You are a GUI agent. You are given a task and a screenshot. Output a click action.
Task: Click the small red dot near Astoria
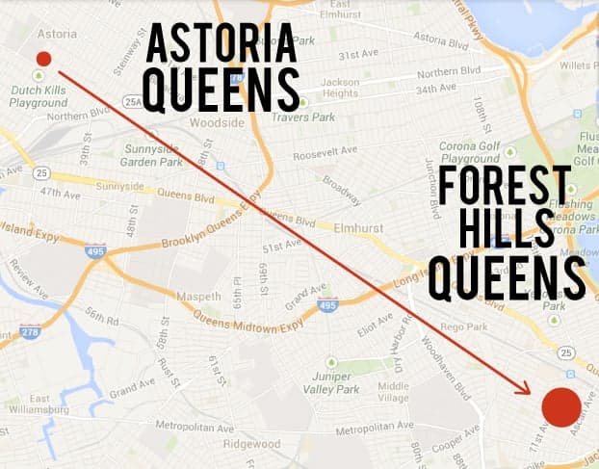coord(43,59)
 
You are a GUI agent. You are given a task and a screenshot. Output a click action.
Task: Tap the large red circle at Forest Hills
coord(560,406)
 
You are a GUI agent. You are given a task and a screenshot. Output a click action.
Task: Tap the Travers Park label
coord(301,117)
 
